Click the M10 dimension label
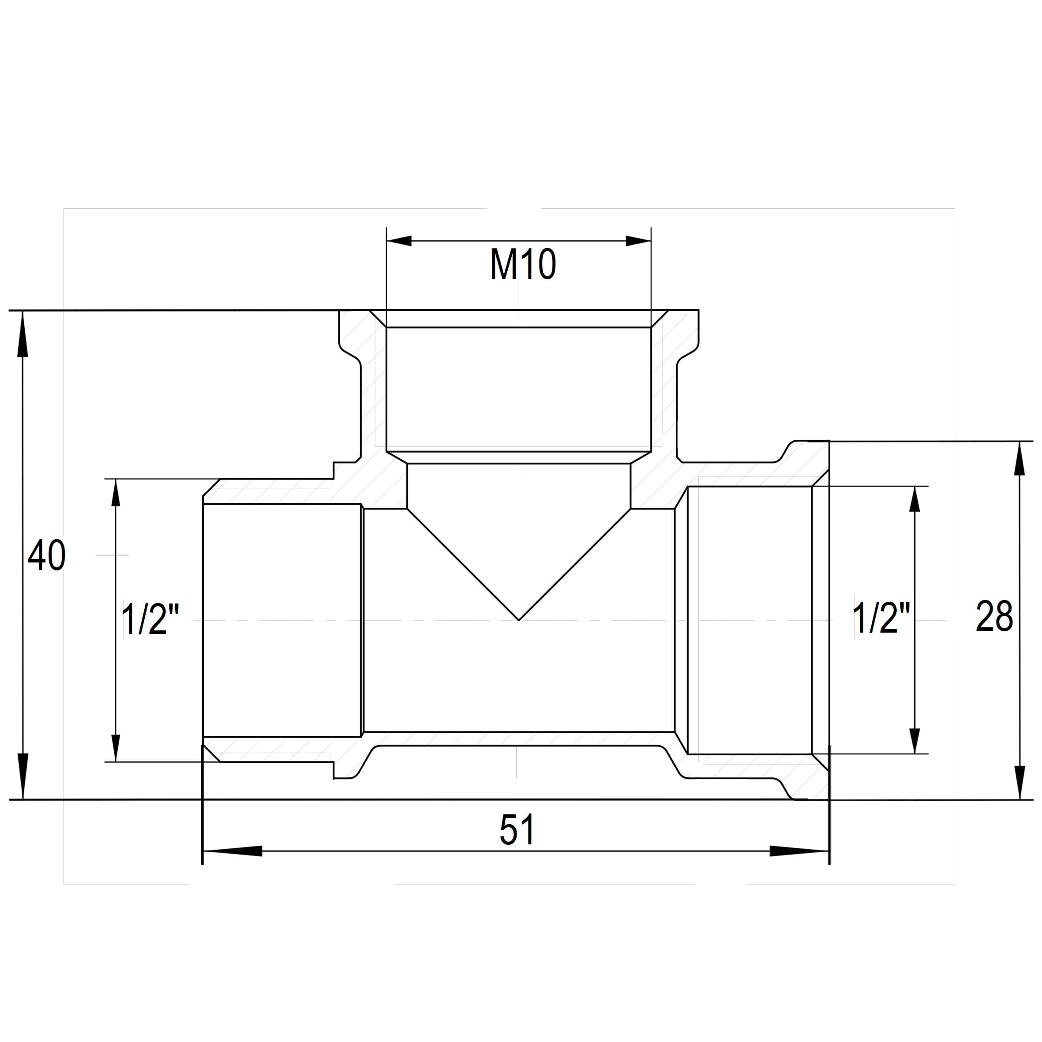(x=523, y=266)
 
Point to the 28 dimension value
(x=994, y=616)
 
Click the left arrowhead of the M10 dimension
(x=399, y=241)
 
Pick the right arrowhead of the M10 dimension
(x=639, y=241)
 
